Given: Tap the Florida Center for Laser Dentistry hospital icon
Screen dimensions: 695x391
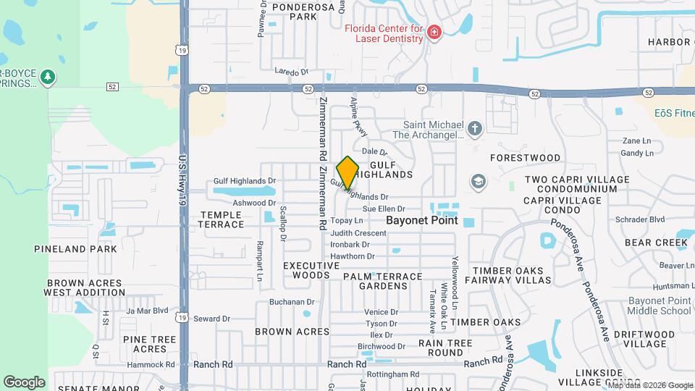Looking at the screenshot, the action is [434, 32].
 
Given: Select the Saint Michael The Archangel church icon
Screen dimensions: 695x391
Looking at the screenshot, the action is [474, 129].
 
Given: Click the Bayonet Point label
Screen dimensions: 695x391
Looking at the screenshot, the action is [422, 220].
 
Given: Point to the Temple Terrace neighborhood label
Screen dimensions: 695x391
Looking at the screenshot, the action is [222, 219].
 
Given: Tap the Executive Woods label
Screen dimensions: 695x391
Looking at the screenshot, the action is [311, 271].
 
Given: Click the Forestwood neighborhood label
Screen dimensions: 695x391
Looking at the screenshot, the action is [525, 158].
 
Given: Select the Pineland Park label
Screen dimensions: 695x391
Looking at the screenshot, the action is [75, 249].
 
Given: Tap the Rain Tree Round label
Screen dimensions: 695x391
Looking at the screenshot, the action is [445, 348].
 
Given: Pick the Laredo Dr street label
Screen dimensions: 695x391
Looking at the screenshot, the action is [292, 72].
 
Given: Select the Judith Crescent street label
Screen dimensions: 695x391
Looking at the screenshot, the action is [358, 233].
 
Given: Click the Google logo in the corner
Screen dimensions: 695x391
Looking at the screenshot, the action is [24, 382].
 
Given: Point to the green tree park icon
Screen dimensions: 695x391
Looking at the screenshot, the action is [49, 76].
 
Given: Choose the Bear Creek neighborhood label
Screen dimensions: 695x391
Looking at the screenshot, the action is [656, 243].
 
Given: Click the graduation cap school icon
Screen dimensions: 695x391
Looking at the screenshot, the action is [478, 181].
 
